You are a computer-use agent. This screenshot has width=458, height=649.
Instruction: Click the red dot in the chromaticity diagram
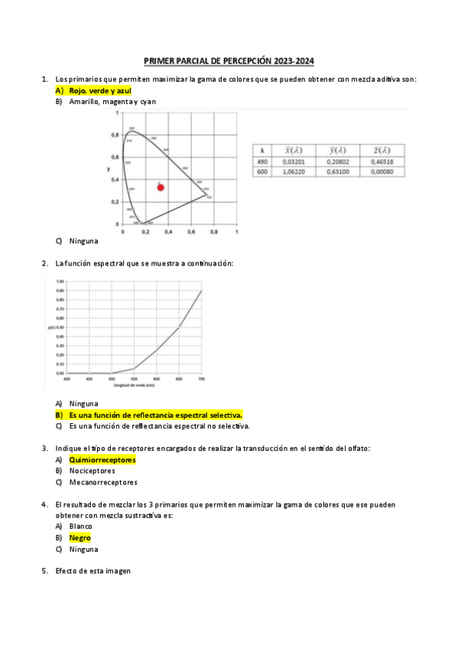tap(161, 187)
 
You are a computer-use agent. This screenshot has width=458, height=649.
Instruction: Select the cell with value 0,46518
tap(379, 161)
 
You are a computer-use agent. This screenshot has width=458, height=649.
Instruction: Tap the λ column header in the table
tap(261, 150)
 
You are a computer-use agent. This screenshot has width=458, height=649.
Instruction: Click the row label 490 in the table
tap(261, 161)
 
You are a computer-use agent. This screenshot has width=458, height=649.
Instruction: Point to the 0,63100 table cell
tap(336, 172)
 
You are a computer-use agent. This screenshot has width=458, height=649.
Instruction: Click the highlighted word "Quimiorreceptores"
tap(102, 460)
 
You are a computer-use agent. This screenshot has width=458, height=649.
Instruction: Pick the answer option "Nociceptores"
tap(92, 471)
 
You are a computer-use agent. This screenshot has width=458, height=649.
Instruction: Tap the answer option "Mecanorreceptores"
tap(103, 482)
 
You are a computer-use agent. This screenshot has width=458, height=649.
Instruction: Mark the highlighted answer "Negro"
tap(80, 538)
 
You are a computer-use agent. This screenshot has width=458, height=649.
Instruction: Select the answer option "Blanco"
tap(80, 527)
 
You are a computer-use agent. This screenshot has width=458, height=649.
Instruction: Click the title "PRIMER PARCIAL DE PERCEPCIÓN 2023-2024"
tap(229, 62)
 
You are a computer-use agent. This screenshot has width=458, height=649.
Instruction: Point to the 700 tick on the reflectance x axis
tap(202, 379)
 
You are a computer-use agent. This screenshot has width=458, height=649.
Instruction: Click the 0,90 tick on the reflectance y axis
tap(60, 291)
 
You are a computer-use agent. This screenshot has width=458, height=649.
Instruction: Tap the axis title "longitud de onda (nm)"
tap(134, 385)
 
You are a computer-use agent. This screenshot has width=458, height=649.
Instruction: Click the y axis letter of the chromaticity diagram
tap(108, 168)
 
